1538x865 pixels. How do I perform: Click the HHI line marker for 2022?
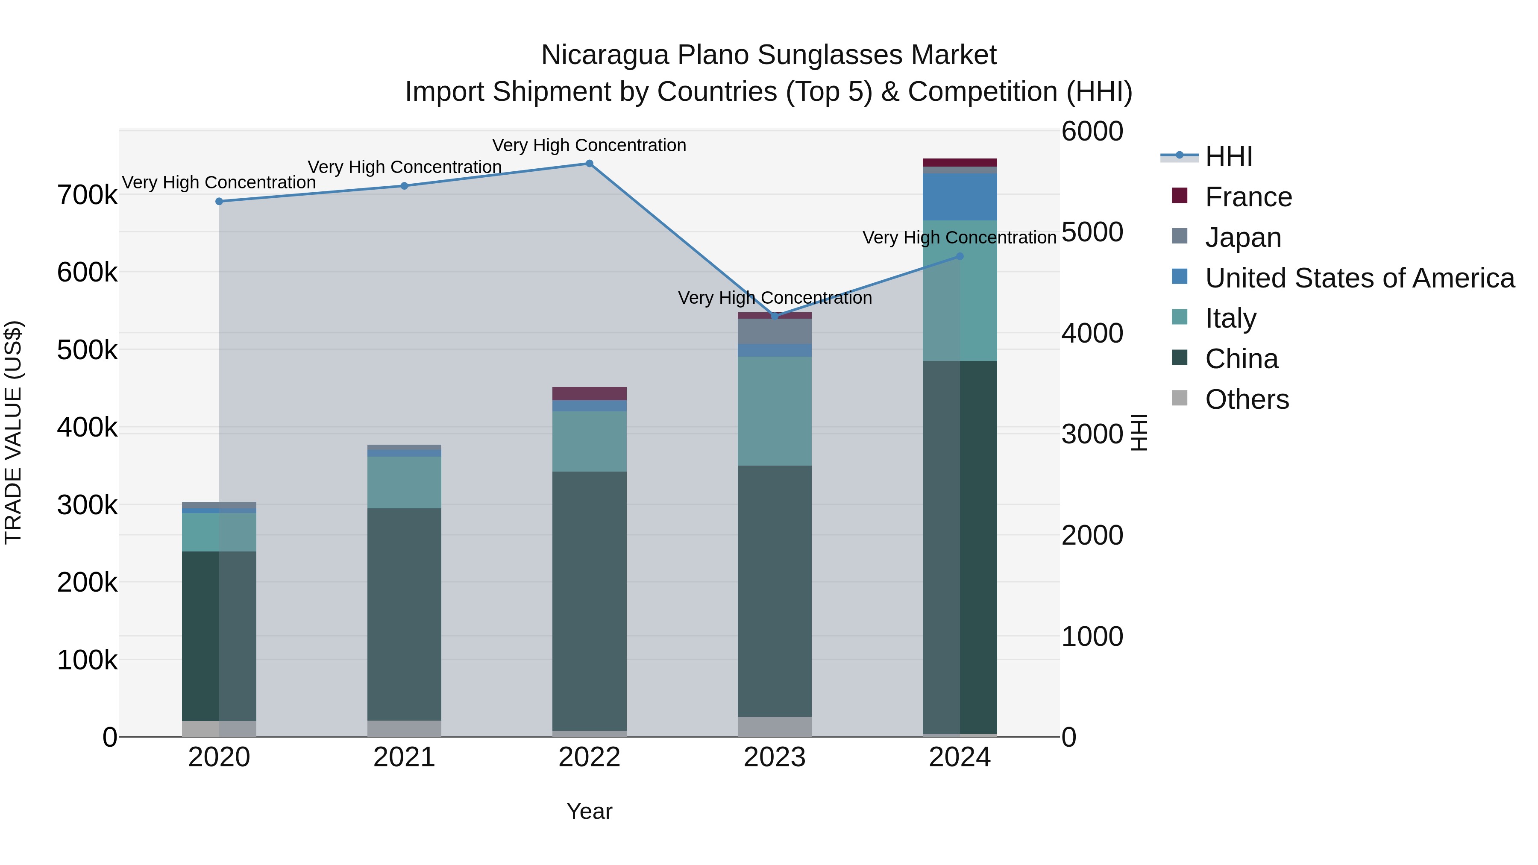pos(589,164)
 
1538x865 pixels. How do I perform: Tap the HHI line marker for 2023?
pos(775,316)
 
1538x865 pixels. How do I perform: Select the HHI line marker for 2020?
pos(219,202)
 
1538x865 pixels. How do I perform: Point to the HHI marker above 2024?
pos(960,256)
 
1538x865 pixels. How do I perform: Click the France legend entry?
pos(1248,197)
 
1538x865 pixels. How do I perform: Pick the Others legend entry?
pos(1247,399)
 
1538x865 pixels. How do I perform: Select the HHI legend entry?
pos(1229,156)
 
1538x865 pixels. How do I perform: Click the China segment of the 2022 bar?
pos(589,600)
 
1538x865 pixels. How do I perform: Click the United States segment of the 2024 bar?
pos(960,197)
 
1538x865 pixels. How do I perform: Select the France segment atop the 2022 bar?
pos(589,393)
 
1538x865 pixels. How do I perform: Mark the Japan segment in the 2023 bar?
pos(775,331)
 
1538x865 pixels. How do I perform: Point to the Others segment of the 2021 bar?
pos(404,728)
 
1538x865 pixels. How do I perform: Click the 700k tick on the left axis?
pos(87,195)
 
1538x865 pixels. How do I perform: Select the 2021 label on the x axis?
pos(404,757)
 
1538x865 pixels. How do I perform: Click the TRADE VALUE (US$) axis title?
pos(13,432)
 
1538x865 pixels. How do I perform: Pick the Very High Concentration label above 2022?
pos(589,145)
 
